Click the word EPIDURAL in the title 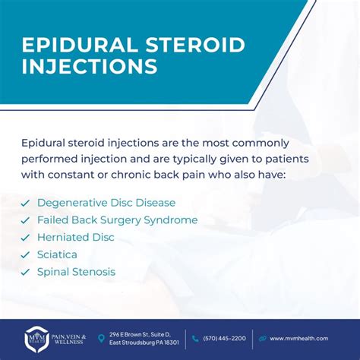(x=81, y=45)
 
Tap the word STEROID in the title (x=195, y=45)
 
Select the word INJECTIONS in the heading (x=90, y=66)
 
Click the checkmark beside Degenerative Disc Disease (x=25, y=204)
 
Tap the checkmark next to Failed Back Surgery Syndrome (x=25, y=220)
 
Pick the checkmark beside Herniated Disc (x=25, y=238)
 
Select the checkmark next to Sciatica (x=25, y=255)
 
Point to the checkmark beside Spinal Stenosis (x=25, y=272)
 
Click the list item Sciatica (x=57, y=254)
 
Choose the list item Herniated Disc (x=76, y=237)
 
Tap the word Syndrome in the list (x=171, y=221)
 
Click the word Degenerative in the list (x=72, y=204)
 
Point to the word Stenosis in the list (x=94, y=272)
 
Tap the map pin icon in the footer (x=101, y=338)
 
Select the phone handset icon (x=195, y=339)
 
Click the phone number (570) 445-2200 (x=224, y=339)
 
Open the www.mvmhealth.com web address (x=299, y=339)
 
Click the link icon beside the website (x=263, y=339)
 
